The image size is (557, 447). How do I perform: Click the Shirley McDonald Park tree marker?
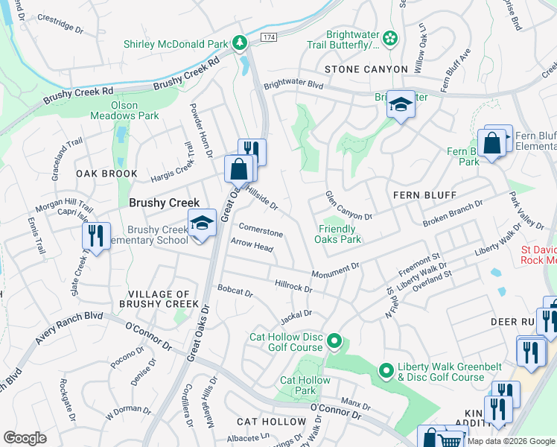pyautogui.click(x=240, y=43)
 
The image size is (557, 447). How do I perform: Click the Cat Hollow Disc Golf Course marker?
pyautogui.click(x=334, y=342)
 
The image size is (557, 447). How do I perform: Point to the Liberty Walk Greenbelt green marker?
pyautogui.click(x=386, y=370)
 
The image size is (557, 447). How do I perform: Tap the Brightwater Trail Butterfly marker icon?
pyautogui.click(x=389, y=37)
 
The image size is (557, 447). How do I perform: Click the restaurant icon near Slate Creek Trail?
pyautogui.click(x=96, y=236)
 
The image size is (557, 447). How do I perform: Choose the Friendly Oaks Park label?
pyautogui.click(x=340, y=235)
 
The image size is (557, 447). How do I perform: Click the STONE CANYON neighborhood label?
pyautogui.click(x=366, y=69)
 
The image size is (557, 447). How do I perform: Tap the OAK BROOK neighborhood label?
pyautogui.click(x=106, y=174)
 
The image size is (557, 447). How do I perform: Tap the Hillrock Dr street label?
pyautogui.click(x=293, y=285)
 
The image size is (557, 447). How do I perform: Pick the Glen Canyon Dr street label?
pyautogui.click(x=348, y=206)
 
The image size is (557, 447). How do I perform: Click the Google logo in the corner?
pyautogui.click(x=25, y=438)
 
